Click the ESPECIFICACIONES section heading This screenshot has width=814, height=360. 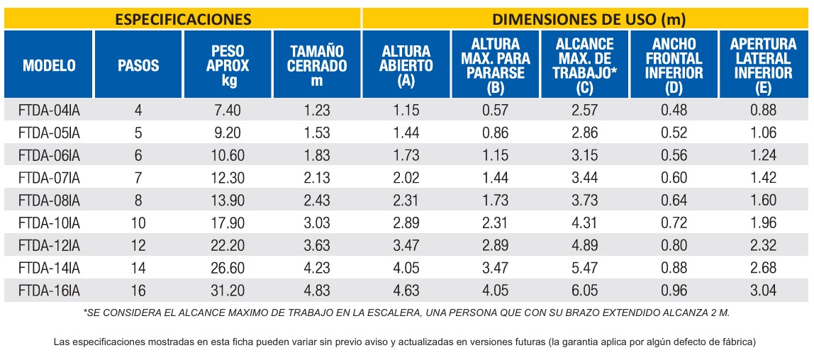click(183, 19)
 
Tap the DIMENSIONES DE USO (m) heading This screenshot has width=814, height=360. click(589, 19)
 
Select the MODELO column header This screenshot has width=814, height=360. click(50, 65)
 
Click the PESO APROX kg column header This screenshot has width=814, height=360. click(228, 65)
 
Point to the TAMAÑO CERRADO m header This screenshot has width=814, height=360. click(317, 65)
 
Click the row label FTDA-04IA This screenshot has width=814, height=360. click(49, 110)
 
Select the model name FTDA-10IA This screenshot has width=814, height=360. click(49, 223)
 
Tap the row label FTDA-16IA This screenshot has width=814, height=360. click(49, 290)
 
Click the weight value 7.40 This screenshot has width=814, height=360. click(226, 110)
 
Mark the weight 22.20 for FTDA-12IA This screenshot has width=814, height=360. click(226, 245)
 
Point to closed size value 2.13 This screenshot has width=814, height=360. click(316, 178)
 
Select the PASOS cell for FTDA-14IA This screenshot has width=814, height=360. click(138, 268)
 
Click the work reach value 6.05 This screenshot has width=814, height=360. click(584, 290)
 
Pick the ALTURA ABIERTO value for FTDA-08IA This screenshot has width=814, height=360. click(406, 201)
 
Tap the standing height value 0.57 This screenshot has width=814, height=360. click(495, 110)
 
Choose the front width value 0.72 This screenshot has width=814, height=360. click(674, 223)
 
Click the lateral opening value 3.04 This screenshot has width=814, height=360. click(763, 290)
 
